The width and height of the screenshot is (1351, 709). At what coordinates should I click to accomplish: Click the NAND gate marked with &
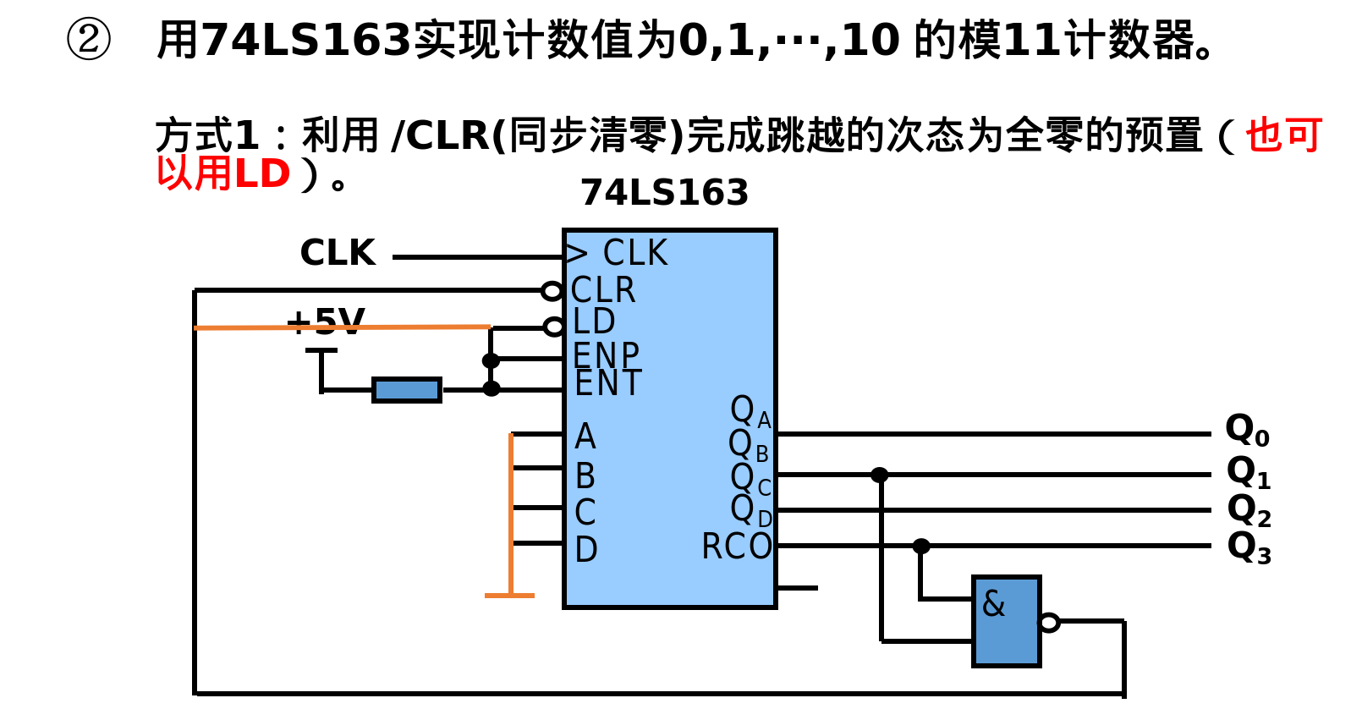tap(1006, 622)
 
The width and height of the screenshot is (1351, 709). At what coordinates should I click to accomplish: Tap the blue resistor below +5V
tap(407, 390)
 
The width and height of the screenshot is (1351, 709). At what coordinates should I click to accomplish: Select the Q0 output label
tap(1247, 431)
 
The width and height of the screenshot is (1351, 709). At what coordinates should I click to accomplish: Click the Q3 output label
tap(1249, 547)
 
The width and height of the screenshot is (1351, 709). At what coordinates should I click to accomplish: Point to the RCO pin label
tap(736, 547)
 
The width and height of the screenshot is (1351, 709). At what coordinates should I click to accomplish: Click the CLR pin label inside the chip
tap(602, 290)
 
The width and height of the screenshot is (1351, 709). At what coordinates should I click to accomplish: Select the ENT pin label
tap(607, 383)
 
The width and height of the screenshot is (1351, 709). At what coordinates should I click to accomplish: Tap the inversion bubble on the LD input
tap(553, 327)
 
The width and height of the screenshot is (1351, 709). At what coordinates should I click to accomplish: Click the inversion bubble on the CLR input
tap(552, 291)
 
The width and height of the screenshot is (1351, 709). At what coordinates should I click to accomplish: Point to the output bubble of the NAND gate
tap(1049, 623)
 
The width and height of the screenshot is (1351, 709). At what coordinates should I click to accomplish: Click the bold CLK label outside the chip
tap(338, 253)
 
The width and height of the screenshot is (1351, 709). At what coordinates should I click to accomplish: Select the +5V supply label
tap(325, 322)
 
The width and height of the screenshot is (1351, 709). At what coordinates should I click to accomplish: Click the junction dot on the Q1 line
tap(880, 475)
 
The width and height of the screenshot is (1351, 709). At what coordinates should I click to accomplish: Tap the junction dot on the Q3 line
tap(921, 547)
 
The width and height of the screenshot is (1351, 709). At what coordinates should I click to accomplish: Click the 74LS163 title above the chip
tap(664, 193)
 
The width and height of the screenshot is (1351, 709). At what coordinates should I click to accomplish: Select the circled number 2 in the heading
tap(88, 40)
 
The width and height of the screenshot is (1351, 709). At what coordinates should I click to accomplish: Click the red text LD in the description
tap(262, 174)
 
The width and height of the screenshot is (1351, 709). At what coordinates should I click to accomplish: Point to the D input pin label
tap(585, 550)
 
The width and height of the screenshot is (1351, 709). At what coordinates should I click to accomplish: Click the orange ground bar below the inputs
tap(509, 596)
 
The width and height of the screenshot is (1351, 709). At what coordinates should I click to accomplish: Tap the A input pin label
tap(585, 437)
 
